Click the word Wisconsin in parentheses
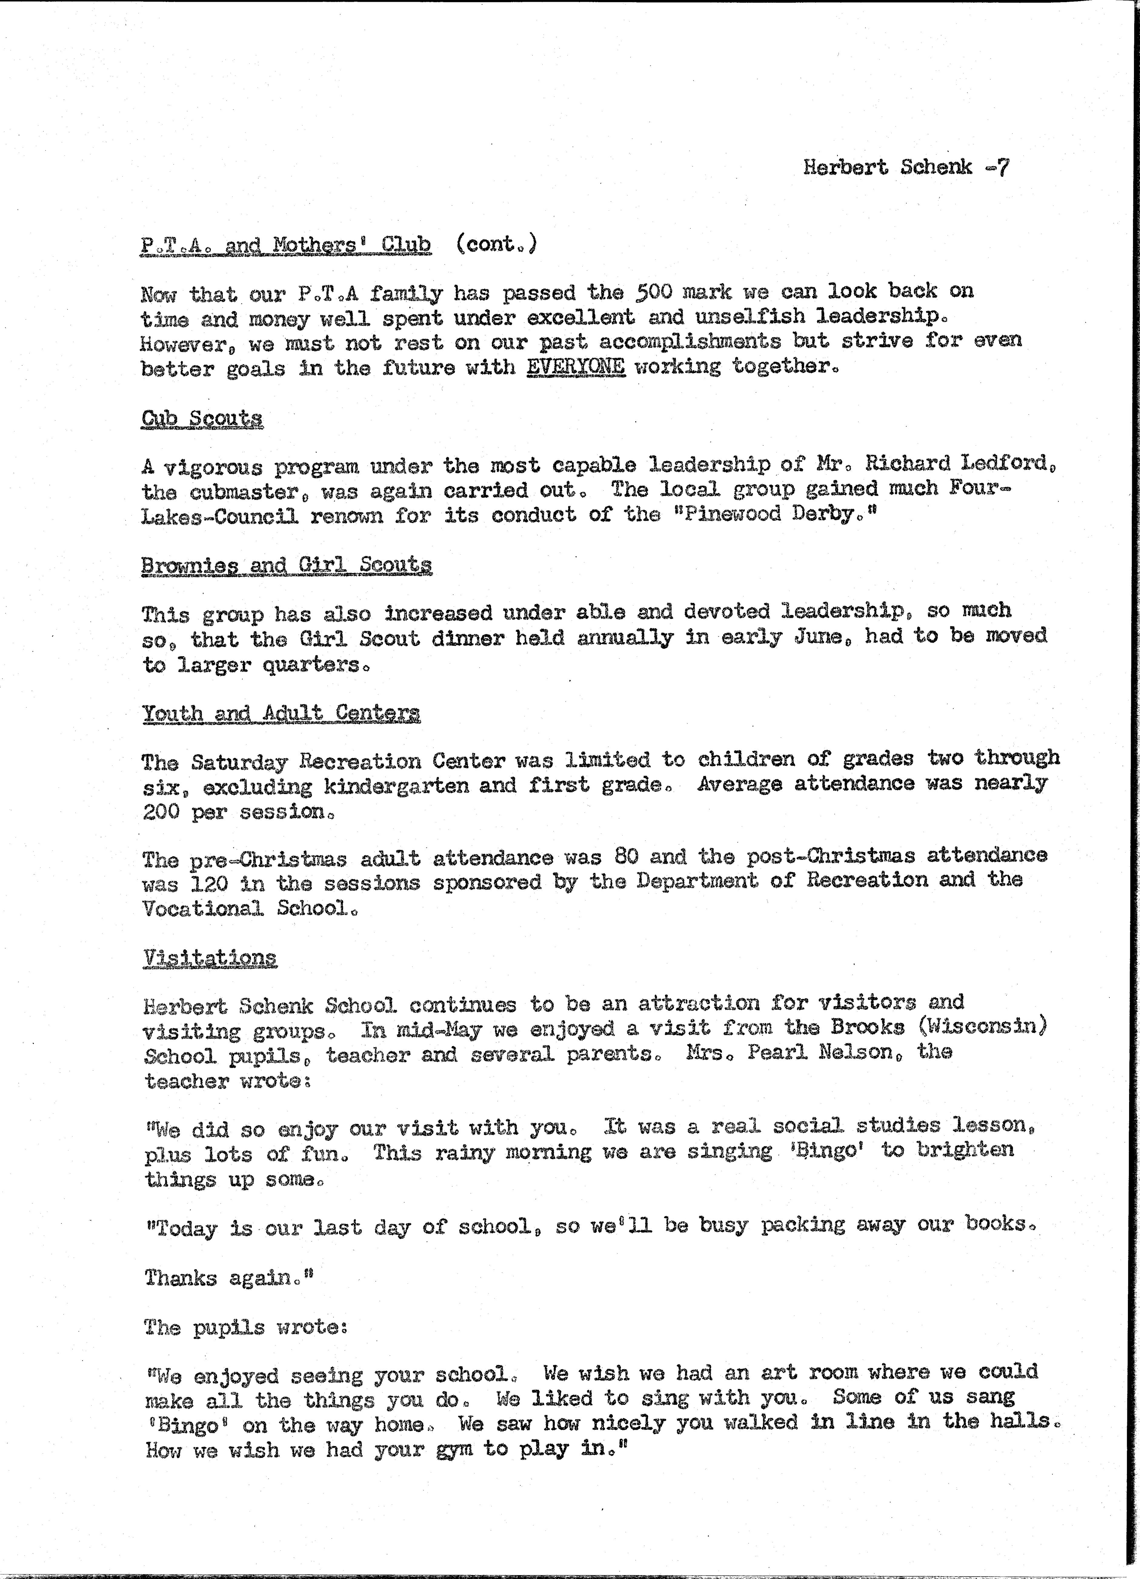986,1028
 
